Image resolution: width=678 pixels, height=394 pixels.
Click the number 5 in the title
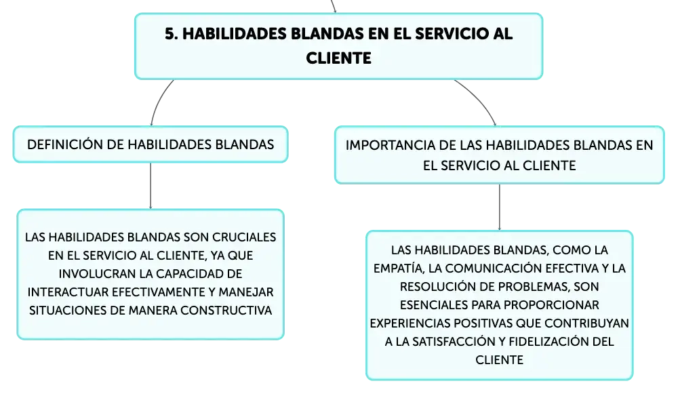170,34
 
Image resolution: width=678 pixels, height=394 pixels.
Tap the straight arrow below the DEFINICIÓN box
151,186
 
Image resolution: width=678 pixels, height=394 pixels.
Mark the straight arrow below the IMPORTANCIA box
500,207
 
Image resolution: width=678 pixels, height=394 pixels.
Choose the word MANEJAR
246,292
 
